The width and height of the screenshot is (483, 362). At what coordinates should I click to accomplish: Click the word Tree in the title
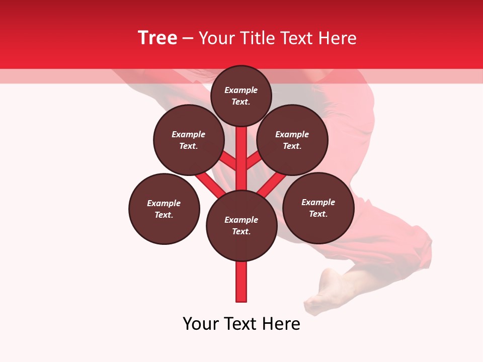coord(157,38)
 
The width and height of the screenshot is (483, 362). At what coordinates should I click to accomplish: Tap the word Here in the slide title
coord(337,38)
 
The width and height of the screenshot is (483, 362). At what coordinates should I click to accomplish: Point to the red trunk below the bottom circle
coord(242,282)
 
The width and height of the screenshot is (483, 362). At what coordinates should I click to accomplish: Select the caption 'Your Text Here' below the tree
coord(242,324)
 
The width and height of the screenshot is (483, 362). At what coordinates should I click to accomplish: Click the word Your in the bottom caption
coord(201,324)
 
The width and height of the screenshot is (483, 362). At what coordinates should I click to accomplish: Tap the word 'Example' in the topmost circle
coord(241,90)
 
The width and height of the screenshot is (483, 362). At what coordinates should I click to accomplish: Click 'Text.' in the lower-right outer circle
coord(318,214)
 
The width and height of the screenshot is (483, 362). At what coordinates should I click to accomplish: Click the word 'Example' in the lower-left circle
coord(164,204)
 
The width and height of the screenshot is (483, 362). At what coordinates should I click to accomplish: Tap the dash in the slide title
coord(188,38)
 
